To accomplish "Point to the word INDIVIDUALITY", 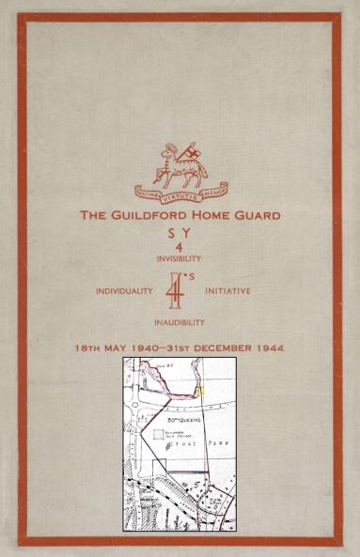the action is [124, 291].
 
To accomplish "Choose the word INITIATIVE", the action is [227, 291].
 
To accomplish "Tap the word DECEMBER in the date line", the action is [225, 348].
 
